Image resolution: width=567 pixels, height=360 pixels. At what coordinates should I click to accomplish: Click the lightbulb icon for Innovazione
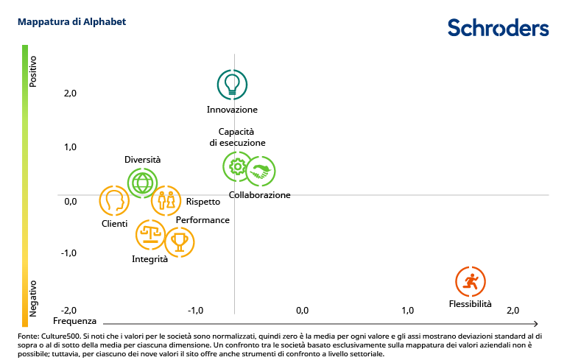pos(232,84)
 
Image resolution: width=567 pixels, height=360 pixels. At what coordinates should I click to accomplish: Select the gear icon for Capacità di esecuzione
pos(237,167)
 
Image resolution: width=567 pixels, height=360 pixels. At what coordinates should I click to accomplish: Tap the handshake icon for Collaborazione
pos(260,172)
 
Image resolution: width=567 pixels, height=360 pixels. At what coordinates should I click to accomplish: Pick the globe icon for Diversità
pos(142,182)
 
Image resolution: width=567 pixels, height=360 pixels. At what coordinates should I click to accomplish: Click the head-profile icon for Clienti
pos(114,200)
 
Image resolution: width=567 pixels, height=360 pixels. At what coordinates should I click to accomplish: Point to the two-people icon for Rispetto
pos(166,200)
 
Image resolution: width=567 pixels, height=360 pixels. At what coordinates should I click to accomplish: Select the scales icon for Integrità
pos(151,236)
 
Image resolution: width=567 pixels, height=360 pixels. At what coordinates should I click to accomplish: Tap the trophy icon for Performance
pos(179,241)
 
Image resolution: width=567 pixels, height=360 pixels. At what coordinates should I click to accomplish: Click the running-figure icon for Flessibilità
pos(471,281)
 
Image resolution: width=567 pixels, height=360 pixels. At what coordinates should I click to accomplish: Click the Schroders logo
pos(499,28)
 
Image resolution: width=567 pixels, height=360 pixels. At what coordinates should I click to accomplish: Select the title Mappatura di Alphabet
pos(71,22)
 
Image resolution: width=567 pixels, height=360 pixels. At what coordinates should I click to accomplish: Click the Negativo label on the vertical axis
pos(33,297)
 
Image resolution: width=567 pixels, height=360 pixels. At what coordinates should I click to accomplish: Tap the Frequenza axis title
pos(74,322)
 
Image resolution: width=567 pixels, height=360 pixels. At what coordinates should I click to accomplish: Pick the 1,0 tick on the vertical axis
pos(71,147)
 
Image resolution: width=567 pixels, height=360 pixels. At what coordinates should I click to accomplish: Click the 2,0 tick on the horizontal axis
pos(513,310)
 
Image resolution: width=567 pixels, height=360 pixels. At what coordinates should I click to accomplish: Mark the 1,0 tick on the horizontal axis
pos(407,310)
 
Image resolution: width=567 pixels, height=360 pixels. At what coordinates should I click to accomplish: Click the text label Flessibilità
pos(470,303)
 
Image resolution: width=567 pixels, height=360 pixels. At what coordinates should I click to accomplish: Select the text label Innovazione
pos(232,110)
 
